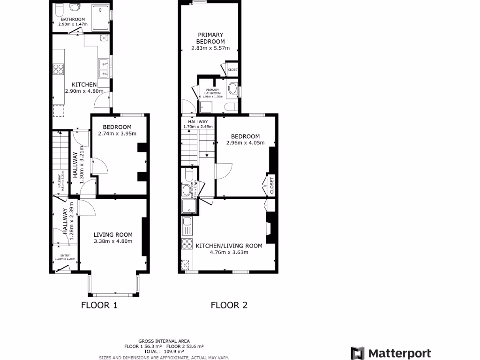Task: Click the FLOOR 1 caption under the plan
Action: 99,306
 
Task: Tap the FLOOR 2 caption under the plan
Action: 229,306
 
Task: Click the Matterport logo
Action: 391,353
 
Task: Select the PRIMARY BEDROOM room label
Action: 210,38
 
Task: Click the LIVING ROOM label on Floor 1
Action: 112,235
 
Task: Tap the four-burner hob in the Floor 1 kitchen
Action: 58,69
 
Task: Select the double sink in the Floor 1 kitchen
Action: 104,68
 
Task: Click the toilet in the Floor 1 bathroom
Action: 59,9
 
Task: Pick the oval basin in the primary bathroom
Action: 232,89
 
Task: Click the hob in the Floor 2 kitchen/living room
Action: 187,244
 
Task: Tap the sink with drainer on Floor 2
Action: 187,226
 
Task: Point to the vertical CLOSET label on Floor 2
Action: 271,186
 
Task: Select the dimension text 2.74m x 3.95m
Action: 117,134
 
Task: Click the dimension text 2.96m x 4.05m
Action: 245,143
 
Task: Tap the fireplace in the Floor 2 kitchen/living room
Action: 270,228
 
